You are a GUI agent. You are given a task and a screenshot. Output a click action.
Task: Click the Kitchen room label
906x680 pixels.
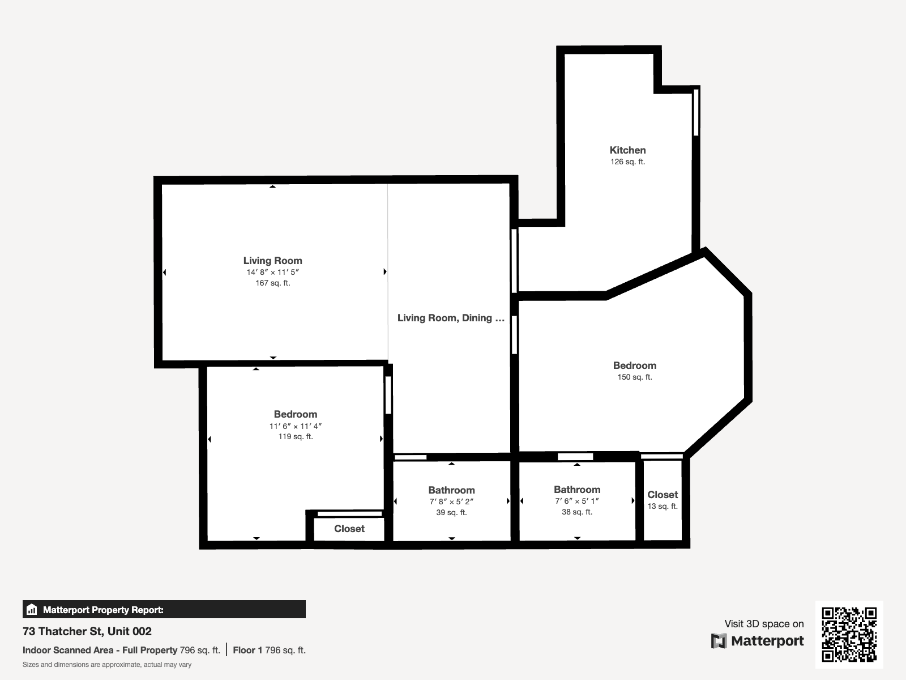(x=627, y=150)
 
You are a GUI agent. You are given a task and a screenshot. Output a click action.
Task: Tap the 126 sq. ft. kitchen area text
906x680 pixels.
(x=627, y=162)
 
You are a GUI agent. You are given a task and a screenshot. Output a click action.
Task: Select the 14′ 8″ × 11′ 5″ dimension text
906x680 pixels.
(x=272, y=272)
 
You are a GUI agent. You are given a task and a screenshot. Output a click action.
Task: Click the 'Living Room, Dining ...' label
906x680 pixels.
(x=451, y=318)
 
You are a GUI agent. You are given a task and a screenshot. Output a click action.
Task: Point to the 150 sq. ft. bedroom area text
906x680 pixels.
(x=634, y=377)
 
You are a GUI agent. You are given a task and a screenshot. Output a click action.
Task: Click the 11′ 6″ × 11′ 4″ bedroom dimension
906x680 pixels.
(x=295, y=426)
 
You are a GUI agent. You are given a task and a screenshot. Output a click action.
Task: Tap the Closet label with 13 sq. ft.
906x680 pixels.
(x=663, y=495)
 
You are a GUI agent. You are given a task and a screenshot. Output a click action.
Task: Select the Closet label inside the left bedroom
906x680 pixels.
(x=349, y=529)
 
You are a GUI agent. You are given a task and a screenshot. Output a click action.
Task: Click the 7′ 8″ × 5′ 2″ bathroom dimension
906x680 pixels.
(x=451, y=501)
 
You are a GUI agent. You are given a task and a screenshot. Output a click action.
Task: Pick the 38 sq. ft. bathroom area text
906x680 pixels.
(x=577, y=512)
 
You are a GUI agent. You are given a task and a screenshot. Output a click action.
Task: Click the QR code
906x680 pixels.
(x=849, y=634)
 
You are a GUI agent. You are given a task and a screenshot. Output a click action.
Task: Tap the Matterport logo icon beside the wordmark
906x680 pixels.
(x=719, y=641)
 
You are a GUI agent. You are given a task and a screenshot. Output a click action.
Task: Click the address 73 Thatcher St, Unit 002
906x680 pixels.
(x=87, y=631)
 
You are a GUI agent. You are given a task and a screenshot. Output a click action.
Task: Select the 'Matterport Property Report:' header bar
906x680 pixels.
(x=164, y=610)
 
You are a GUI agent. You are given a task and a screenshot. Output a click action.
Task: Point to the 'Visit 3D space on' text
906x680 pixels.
(x=764, y=624)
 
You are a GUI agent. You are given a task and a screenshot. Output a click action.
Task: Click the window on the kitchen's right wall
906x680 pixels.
(x=696, y=112)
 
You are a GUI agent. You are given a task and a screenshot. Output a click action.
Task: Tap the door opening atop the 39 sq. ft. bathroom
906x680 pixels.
(x=411, y=457)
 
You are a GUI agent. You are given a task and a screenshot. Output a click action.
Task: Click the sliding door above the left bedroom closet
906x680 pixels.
(x=349, y=514)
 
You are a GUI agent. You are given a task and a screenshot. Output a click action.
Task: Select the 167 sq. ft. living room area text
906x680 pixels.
(x=272, y=283)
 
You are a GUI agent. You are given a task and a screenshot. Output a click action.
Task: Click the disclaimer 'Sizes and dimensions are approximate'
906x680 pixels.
(x=107, y=665)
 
